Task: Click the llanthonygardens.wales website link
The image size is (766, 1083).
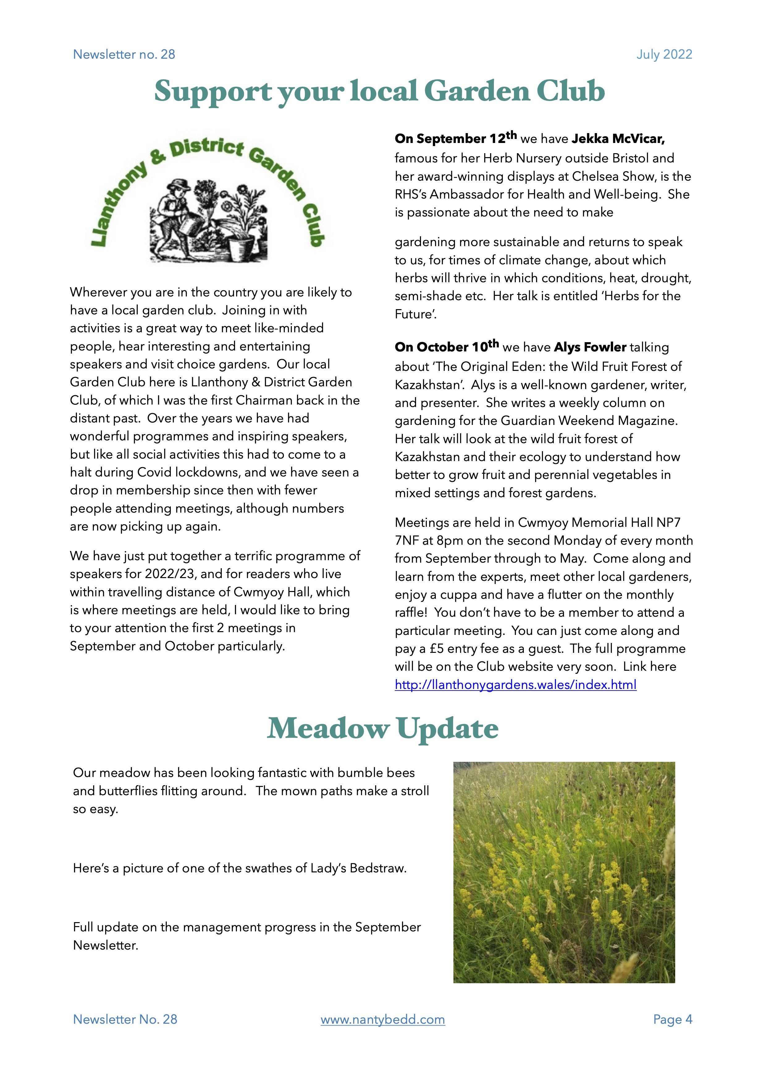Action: coord(515,684)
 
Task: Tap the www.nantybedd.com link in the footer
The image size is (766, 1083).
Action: coord(382,1019)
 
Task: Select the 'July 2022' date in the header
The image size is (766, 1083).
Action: coord(664,55)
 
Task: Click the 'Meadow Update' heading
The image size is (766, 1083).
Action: coord(382,729)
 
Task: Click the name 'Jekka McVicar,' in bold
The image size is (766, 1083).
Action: coord(618,139)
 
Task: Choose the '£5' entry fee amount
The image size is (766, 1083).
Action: coord(436,649)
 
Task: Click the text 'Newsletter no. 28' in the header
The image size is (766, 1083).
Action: coord(124,55)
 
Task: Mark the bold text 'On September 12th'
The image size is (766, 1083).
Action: coord(455,138)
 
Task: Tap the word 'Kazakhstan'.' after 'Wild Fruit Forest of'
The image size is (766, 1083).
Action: coord(429,385)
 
